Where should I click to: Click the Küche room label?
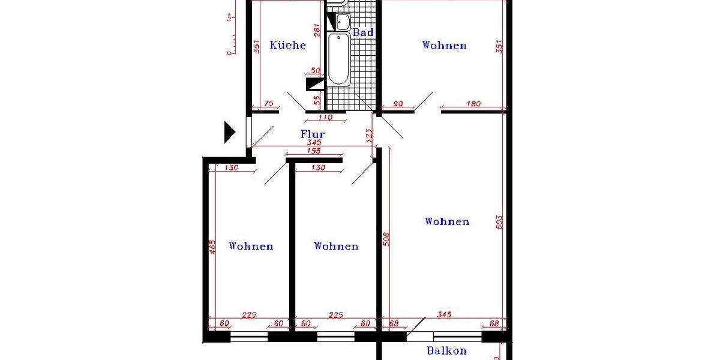pos(287,46)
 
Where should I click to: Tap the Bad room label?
pos(363,33)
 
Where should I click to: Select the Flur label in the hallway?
pos(313,134)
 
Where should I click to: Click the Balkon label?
pos(446,351)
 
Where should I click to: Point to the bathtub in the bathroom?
pos(338,59)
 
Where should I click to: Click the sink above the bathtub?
pos(343,22)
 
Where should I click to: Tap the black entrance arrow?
pos(229,132)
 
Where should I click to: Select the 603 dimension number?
pos(499,221)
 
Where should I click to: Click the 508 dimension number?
pos(386,239)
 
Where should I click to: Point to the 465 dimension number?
pos(212,247)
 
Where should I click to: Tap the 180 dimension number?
pos(473,104)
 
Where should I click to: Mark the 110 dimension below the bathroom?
pos(325,118)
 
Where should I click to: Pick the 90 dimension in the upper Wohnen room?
pos(397,104)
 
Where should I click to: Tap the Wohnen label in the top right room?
pos(444,46)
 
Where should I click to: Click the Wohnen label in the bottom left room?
pos(251,247)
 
